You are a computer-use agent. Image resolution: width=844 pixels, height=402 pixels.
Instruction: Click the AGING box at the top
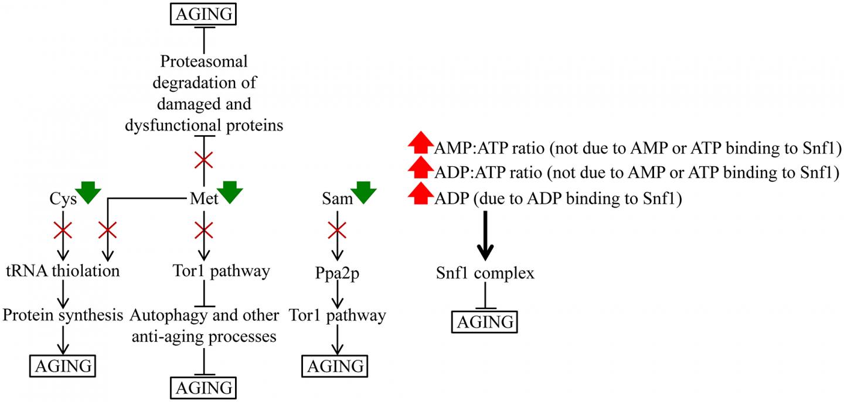click(x=203, y=13)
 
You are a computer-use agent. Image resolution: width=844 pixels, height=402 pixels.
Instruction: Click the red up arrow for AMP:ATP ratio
click(x=420, y=145)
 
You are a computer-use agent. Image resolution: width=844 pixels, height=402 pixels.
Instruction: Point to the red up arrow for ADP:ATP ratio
click(x=420, y=171)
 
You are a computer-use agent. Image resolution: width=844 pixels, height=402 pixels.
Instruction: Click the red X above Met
click(x=203, y=159)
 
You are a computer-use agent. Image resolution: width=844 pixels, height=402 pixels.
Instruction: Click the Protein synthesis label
click(x=63, y=315)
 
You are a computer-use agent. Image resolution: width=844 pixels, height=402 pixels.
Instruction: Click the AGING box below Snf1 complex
click(x=485, y=321)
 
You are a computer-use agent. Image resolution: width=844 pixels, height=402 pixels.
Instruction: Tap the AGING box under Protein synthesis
click(x=63, y=366)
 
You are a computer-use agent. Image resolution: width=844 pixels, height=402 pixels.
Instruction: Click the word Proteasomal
click(x=203, y=61)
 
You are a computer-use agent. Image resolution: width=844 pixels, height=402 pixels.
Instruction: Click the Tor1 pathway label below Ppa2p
click(x=337, y=316)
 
